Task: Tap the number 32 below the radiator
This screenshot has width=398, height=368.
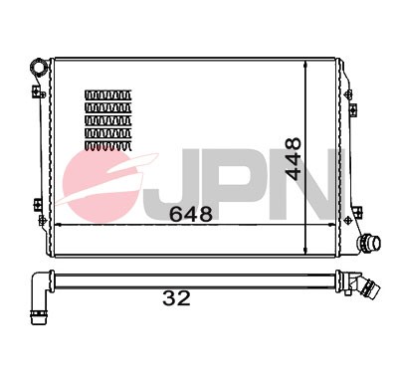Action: (x=176, y=296)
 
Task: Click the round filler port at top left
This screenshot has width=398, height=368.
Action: (x=40, y=68)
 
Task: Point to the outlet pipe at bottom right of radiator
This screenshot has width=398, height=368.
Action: (x=370, y=242)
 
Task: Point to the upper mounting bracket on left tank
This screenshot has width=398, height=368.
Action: (x=38, y=92)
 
